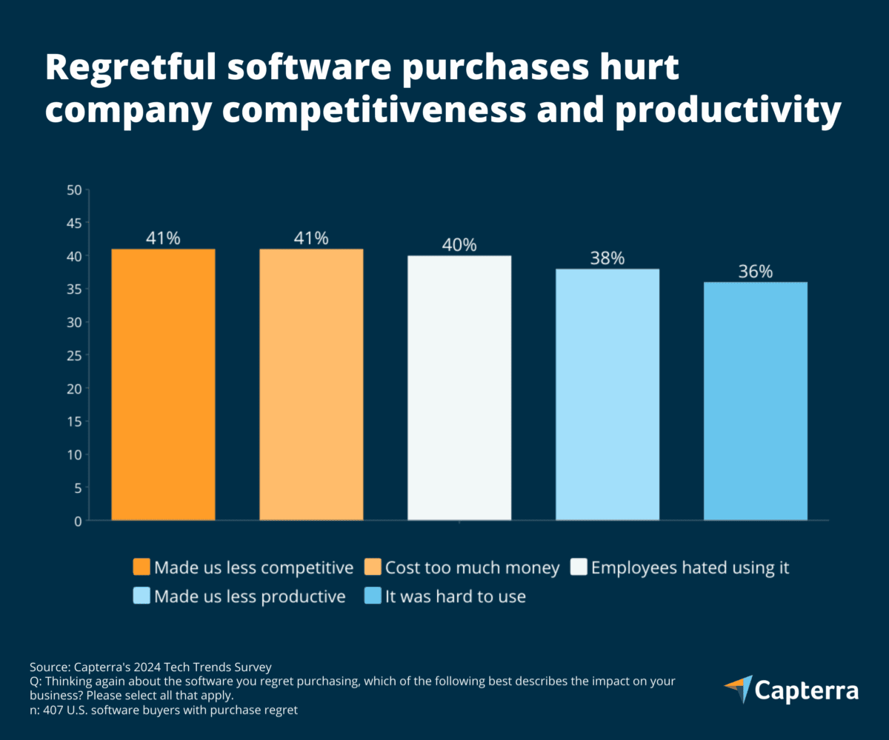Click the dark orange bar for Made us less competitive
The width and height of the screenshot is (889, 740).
point(163,385)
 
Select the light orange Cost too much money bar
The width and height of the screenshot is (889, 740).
point(311,385)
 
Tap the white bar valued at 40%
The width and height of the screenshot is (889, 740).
point(459,388)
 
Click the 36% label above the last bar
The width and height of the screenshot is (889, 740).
point(756,272)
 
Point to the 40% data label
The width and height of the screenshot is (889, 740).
point(459,245)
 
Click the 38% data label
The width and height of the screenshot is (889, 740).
point(607,258)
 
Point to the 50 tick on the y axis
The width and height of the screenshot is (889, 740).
point(73,190)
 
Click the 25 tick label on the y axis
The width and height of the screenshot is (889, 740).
point(73,355)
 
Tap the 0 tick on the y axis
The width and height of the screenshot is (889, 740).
point(77,521)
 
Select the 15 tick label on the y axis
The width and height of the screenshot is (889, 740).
point(73,422)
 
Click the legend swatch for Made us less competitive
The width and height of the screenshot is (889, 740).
point(141,568)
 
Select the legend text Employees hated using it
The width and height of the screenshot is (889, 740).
point(690,568)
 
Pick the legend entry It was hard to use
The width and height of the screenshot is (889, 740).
point(455,596)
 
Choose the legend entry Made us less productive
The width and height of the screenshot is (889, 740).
point(250,596)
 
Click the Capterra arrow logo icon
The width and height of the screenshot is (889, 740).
point(738,689)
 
